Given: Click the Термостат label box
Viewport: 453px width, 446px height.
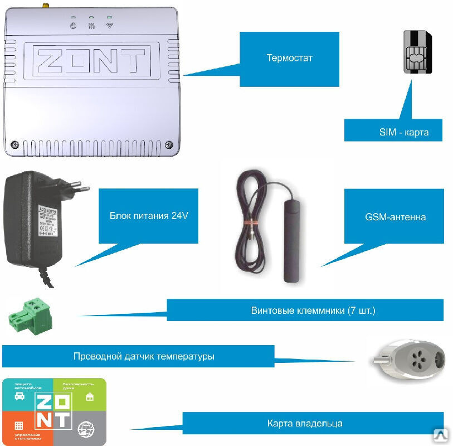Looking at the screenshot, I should pyautogui.click(x=289, y=59).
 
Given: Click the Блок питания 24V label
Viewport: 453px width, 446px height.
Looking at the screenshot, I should pyautogui.click(x=148, y=216).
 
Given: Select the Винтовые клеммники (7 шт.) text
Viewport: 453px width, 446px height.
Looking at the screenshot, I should pyautogui.click(x=313, y=310).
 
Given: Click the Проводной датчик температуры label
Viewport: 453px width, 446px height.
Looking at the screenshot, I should pyautogui.click(x=144, y=356).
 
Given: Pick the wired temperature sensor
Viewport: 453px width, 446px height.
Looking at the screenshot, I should pyautogui.click(x=407, y=357).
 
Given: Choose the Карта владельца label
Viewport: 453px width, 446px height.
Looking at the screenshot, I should pyautogui.click(x=313, y=423).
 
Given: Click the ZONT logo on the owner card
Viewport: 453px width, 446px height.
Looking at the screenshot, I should pyautogui.click(x=53, y=411).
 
